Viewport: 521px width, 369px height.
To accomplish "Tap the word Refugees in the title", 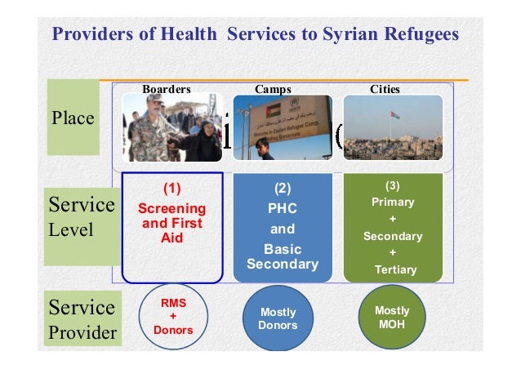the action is point(416,35).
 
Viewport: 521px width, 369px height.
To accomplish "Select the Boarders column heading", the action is point(167,88).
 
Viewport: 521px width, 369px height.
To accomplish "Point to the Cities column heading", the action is point(385,88).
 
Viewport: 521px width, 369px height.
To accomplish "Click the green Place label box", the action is point(73,118).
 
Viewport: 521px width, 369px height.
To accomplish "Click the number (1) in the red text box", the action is point(172,189).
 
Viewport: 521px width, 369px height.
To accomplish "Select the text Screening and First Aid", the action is point(172,223).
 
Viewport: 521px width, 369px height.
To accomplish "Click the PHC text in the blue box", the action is point(283,207).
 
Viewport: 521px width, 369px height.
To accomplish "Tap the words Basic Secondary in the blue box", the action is point(283,256).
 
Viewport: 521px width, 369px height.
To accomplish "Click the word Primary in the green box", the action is point(393,202).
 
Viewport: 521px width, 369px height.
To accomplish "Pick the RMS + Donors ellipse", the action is point(172,316).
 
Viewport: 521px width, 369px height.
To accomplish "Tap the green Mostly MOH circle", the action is point(392,318).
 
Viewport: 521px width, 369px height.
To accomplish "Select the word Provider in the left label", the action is point(81,334).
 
